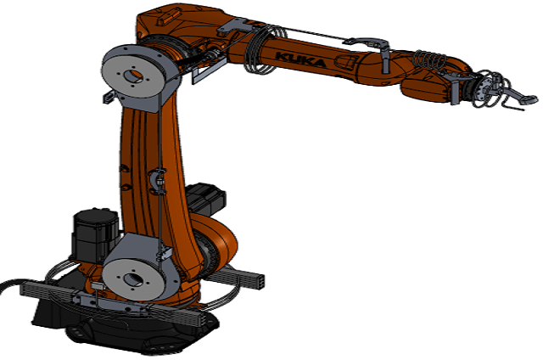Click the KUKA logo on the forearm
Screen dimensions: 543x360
(300, 60)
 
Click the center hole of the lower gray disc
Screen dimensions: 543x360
(132, 278)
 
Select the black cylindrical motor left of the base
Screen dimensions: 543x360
(96, 234)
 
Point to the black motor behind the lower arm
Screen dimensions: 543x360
(205, 199)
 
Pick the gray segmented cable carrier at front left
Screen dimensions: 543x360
(115, 301)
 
